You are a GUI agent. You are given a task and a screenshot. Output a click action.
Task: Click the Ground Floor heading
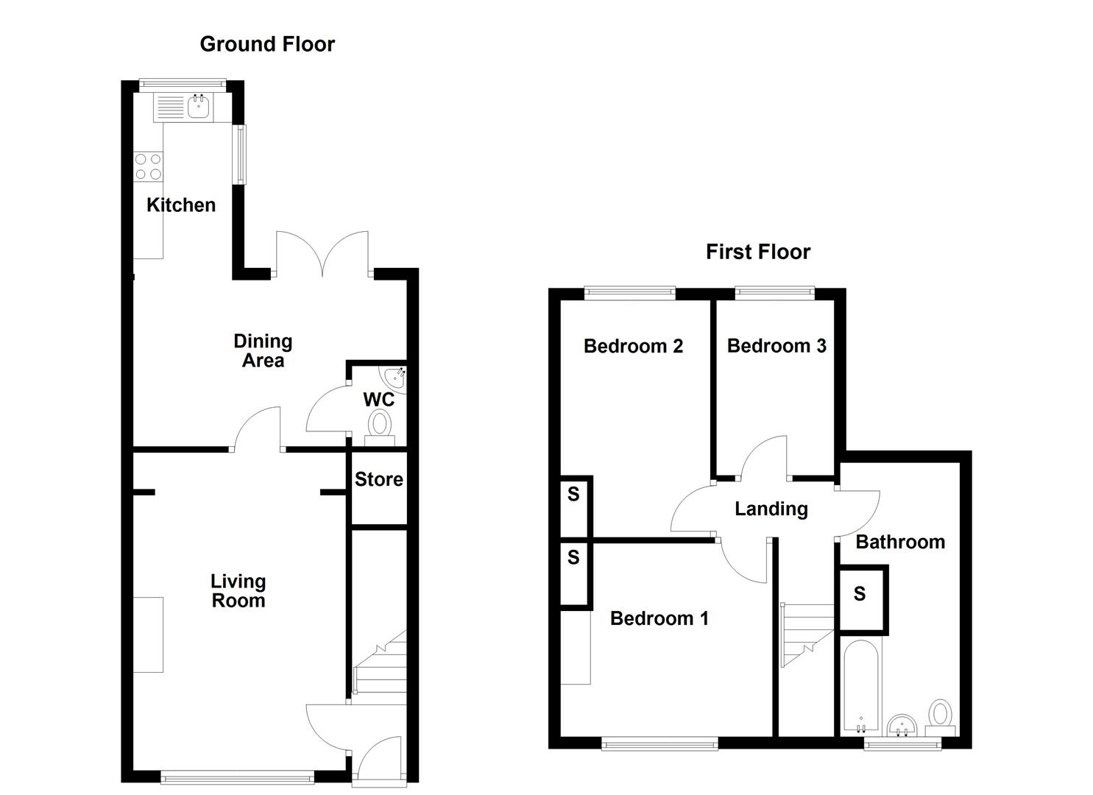[267, 44]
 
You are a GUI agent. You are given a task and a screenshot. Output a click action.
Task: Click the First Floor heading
[757, 252]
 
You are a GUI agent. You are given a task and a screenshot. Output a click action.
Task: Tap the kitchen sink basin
[199, 108]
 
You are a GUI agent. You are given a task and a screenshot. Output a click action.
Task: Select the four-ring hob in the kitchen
[148, 166]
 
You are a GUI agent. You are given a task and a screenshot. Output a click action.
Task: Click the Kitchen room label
[181, 205]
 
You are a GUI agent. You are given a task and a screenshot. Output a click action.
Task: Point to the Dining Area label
[263, 350]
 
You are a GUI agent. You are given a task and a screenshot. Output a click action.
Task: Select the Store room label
[379, 479]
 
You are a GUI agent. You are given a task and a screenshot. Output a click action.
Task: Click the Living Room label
[238, 591]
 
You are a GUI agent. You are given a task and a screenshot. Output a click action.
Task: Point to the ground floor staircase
[381, 662]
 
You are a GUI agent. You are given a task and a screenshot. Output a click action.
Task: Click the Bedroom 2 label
[633, 346]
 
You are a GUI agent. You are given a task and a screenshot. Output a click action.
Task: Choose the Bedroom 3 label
[777, 346]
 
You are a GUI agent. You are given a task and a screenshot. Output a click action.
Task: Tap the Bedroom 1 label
[659, 618]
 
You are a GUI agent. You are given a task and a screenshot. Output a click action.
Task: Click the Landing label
[771, 509]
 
